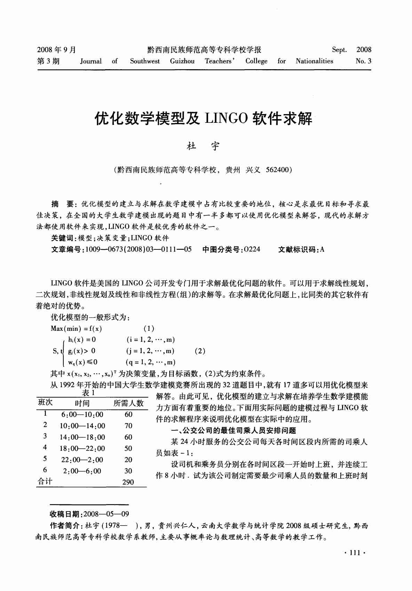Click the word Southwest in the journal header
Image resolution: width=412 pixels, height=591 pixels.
(145, 61)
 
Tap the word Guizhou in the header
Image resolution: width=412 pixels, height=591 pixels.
(182, 61)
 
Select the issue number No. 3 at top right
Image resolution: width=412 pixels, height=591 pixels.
(363, 61)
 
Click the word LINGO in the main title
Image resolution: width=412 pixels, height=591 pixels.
(226, 119)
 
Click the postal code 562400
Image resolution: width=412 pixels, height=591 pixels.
(277, 170)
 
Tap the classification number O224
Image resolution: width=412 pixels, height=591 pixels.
(252, 249)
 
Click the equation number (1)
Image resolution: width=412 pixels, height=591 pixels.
(149, 328)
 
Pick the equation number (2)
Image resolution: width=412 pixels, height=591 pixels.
(200, 351)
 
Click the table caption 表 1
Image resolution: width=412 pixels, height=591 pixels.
(88, 393)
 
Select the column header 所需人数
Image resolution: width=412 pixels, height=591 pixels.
(128, 403)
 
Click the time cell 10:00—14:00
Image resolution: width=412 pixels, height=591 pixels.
(82, 426)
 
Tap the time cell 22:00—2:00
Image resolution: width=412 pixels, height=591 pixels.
(82, 460)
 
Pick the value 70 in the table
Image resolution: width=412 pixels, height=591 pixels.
(128, 426)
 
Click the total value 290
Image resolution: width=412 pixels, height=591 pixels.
(128, 482)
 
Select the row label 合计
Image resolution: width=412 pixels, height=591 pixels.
(45, 481)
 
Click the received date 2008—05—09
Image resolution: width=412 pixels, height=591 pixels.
(106, 514)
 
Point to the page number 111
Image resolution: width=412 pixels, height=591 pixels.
(354, 553)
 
